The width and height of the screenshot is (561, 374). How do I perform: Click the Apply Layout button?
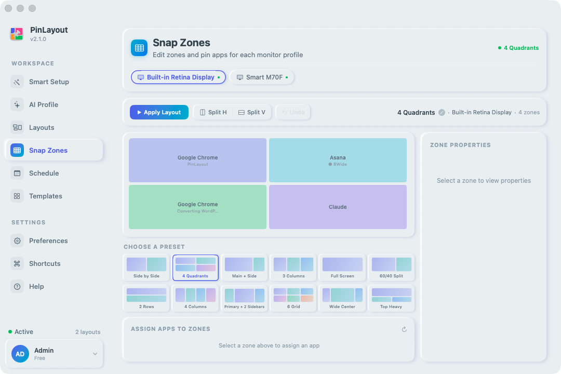click(159, 112)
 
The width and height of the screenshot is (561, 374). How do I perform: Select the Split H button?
click(213, 112)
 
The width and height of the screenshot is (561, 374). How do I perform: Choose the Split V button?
click(252, 112)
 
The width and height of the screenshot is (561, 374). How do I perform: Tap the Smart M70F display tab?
click(262, 77)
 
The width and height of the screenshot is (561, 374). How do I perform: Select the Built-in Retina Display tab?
click(178, 77)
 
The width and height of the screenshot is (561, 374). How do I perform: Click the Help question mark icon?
click(17, 286)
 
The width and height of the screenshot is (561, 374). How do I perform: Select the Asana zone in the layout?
click(338, 161)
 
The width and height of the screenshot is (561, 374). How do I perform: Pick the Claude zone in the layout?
click(338, 207)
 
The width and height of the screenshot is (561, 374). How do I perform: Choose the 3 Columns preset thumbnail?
click(293, 268)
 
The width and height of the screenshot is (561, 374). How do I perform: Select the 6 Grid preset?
click(293, 298)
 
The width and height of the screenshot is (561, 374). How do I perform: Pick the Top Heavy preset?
click(392, 298)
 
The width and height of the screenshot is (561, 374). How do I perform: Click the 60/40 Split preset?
click(392, 268)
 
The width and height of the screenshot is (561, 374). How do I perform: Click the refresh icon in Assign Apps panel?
click(404, 329)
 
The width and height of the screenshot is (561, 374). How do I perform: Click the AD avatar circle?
click(20, 354)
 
